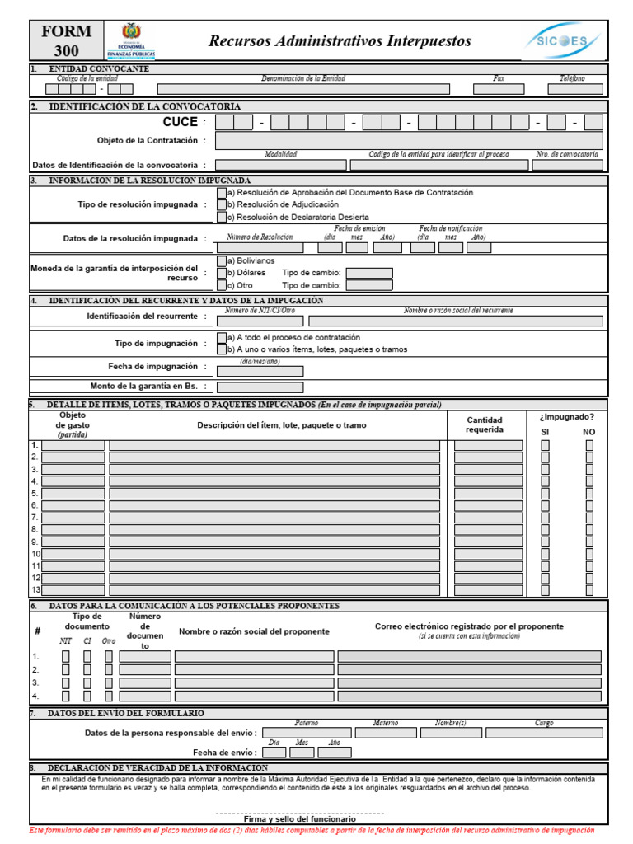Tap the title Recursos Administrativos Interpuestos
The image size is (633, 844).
click(x=340, y=41)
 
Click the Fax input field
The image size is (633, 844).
click(x=498, y=89)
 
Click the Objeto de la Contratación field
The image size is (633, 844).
click(x=409, y=141)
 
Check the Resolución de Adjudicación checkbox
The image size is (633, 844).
click(x=221, y=204)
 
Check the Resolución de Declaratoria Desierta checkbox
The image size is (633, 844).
click(x=221, y=217)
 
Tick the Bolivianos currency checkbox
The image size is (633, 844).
click(x=221, y=260)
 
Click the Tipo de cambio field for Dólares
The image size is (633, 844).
click(x=368, y=273)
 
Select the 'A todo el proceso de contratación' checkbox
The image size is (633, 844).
click(x=221, y=337)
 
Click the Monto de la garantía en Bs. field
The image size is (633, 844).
click(x=260, y=387)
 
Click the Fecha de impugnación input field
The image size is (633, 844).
click(x=260, y=370)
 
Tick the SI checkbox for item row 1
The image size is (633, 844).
click(x=545, y=445)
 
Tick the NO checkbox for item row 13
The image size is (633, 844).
click(x=589, y=590)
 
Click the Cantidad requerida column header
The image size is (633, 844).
click(x=484, y=424)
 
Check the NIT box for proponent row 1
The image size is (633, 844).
click(x=66, y=656)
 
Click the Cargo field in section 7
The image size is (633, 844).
click(x=543, y=732)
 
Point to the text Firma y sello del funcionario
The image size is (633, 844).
click(x=300, y=819)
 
